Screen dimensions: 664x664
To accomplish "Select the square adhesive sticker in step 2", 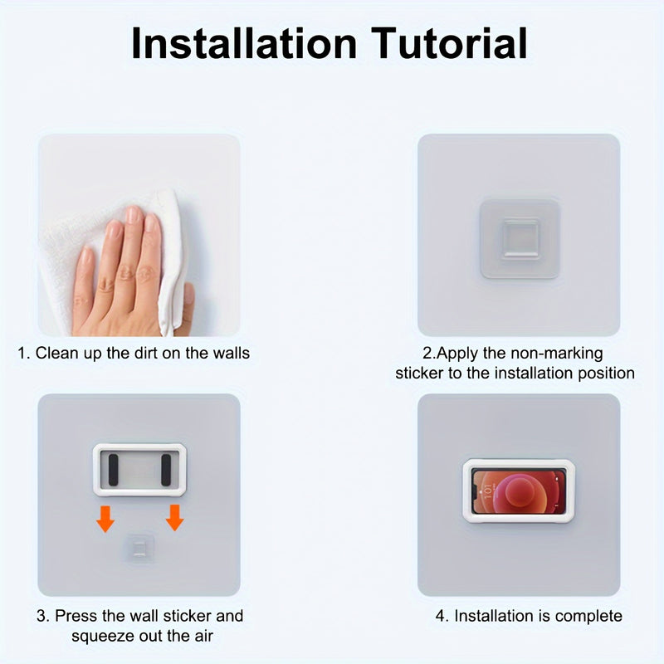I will (520, 238).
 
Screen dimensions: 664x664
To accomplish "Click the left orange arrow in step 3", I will (105, 519).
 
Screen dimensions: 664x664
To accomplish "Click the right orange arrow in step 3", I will (174, 519).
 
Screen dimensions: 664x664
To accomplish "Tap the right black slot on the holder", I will (166, 471).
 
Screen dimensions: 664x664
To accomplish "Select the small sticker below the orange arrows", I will (139, 547).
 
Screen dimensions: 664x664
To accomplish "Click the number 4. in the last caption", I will (442, 616).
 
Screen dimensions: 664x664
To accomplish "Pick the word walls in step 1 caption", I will (230, 353).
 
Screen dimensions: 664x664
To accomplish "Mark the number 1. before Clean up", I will (24, 353).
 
